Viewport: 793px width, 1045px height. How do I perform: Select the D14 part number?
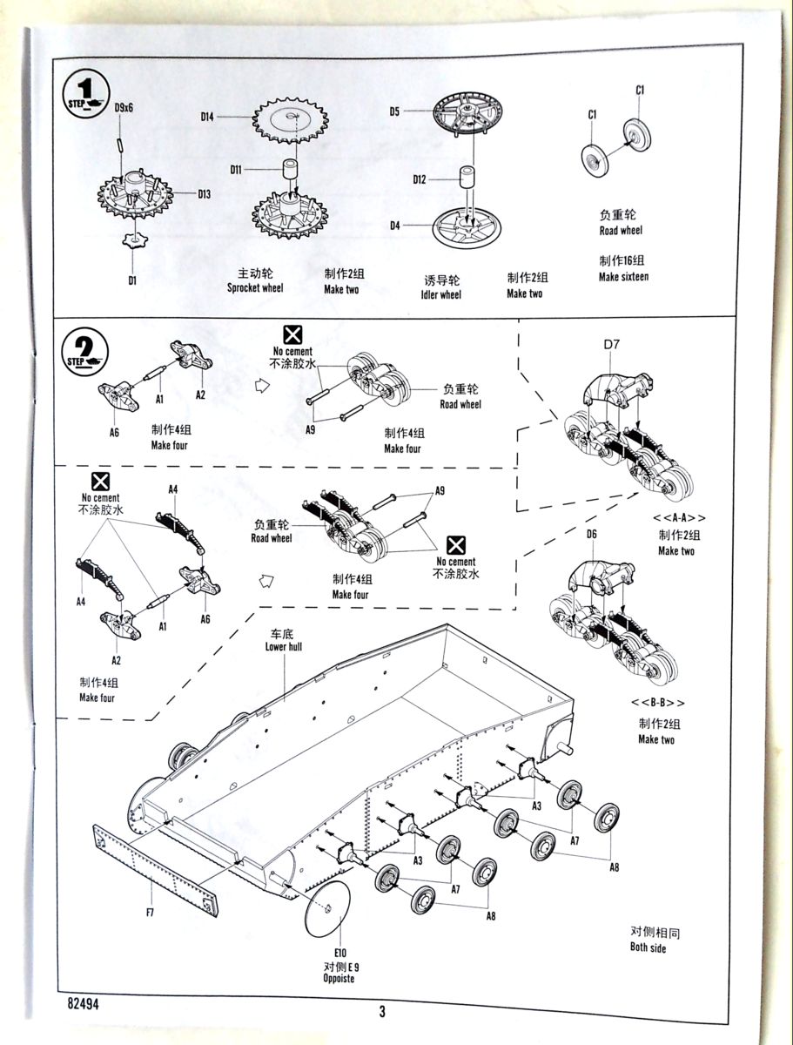207,116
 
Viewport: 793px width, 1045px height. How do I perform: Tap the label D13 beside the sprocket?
204,193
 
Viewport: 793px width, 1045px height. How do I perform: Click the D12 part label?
420,179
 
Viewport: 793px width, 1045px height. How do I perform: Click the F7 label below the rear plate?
150,912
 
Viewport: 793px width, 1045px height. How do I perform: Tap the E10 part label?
339,953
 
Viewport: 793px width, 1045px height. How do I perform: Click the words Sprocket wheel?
255,288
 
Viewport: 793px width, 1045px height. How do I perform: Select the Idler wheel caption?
442,294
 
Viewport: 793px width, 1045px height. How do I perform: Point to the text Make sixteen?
623,276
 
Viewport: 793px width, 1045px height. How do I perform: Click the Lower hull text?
284,646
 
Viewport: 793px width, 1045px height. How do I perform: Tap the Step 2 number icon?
85,350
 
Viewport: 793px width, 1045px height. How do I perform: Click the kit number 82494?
83,1002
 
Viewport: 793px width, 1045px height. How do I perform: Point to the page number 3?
382,1011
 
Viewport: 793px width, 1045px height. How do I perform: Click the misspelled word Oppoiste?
338,978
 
